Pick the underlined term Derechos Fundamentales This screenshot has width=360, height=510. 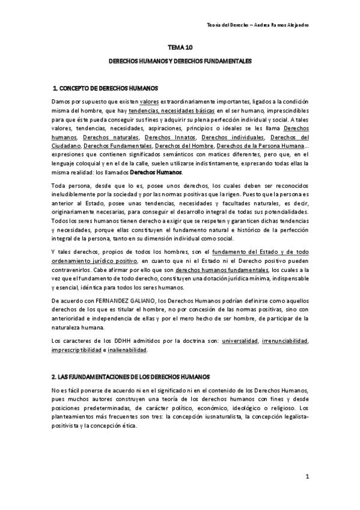tap(118, 145)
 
